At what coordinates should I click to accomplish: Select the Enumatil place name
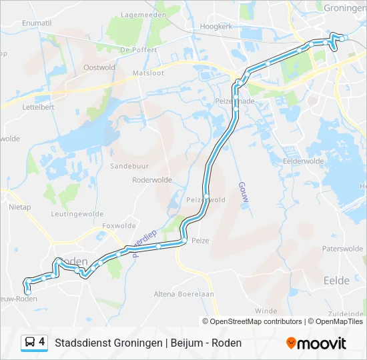coord(37,23)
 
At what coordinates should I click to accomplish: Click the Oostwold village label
coord(99,67)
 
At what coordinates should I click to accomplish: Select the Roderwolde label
coord(152,180)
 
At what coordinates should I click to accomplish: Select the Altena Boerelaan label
coord(183,294)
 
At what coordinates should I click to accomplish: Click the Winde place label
coord(266,311)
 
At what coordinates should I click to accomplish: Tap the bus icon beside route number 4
coord(30,343)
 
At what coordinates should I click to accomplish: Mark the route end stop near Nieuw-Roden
coord(28,291)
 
